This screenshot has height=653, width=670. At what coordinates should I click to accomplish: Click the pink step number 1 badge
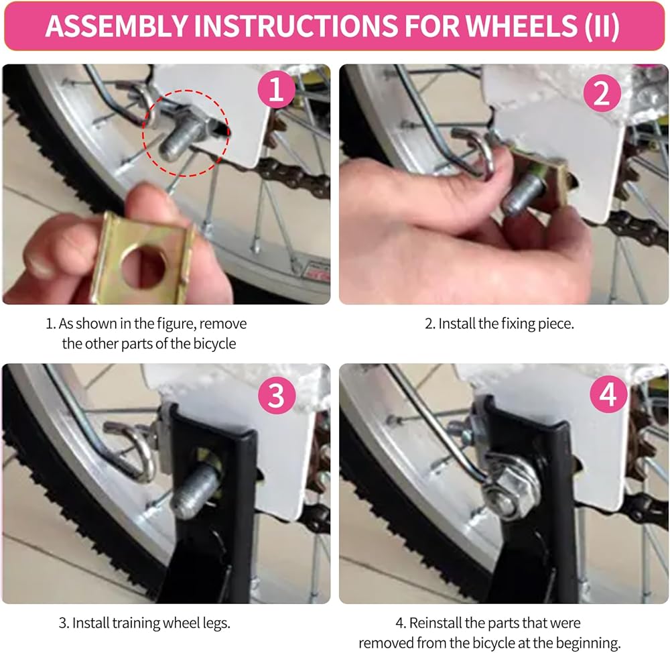tap(276, 89)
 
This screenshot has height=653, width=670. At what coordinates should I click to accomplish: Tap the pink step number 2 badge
tap(602, 93)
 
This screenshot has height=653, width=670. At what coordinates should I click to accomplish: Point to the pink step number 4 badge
tap(608, 394)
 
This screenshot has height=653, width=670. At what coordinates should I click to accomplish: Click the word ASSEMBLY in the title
tap(116, 26)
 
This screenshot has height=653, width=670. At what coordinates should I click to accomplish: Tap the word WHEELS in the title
tap(521, 26)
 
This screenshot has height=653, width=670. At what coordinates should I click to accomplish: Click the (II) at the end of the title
tap(602, 27)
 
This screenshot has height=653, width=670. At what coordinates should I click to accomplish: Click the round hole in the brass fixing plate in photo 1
tap(143, 263)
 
